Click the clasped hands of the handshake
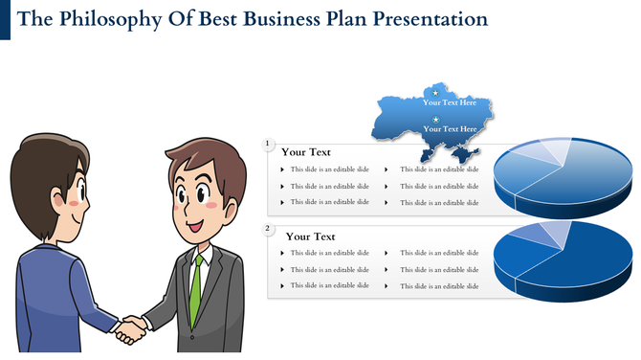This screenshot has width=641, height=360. click(x=130, y=329)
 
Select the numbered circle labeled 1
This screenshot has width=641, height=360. click(x=269, y=145)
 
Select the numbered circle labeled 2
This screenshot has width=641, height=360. click(x=269, y=230)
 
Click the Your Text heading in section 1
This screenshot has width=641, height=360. click(x=306, y=151)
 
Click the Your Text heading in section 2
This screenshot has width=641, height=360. click(x=310, y=236)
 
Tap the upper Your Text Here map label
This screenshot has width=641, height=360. click(x=450, y=102)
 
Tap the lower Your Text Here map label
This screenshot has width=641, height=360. click(x=450, y=128)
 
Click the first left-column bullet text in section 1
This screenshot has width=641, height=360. click(x=329, y=169)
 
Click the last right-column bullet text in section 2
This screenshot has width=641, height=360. click(x=439, y=286)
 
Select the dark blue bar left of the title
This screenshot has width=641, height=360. click(x=6, y=20)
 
